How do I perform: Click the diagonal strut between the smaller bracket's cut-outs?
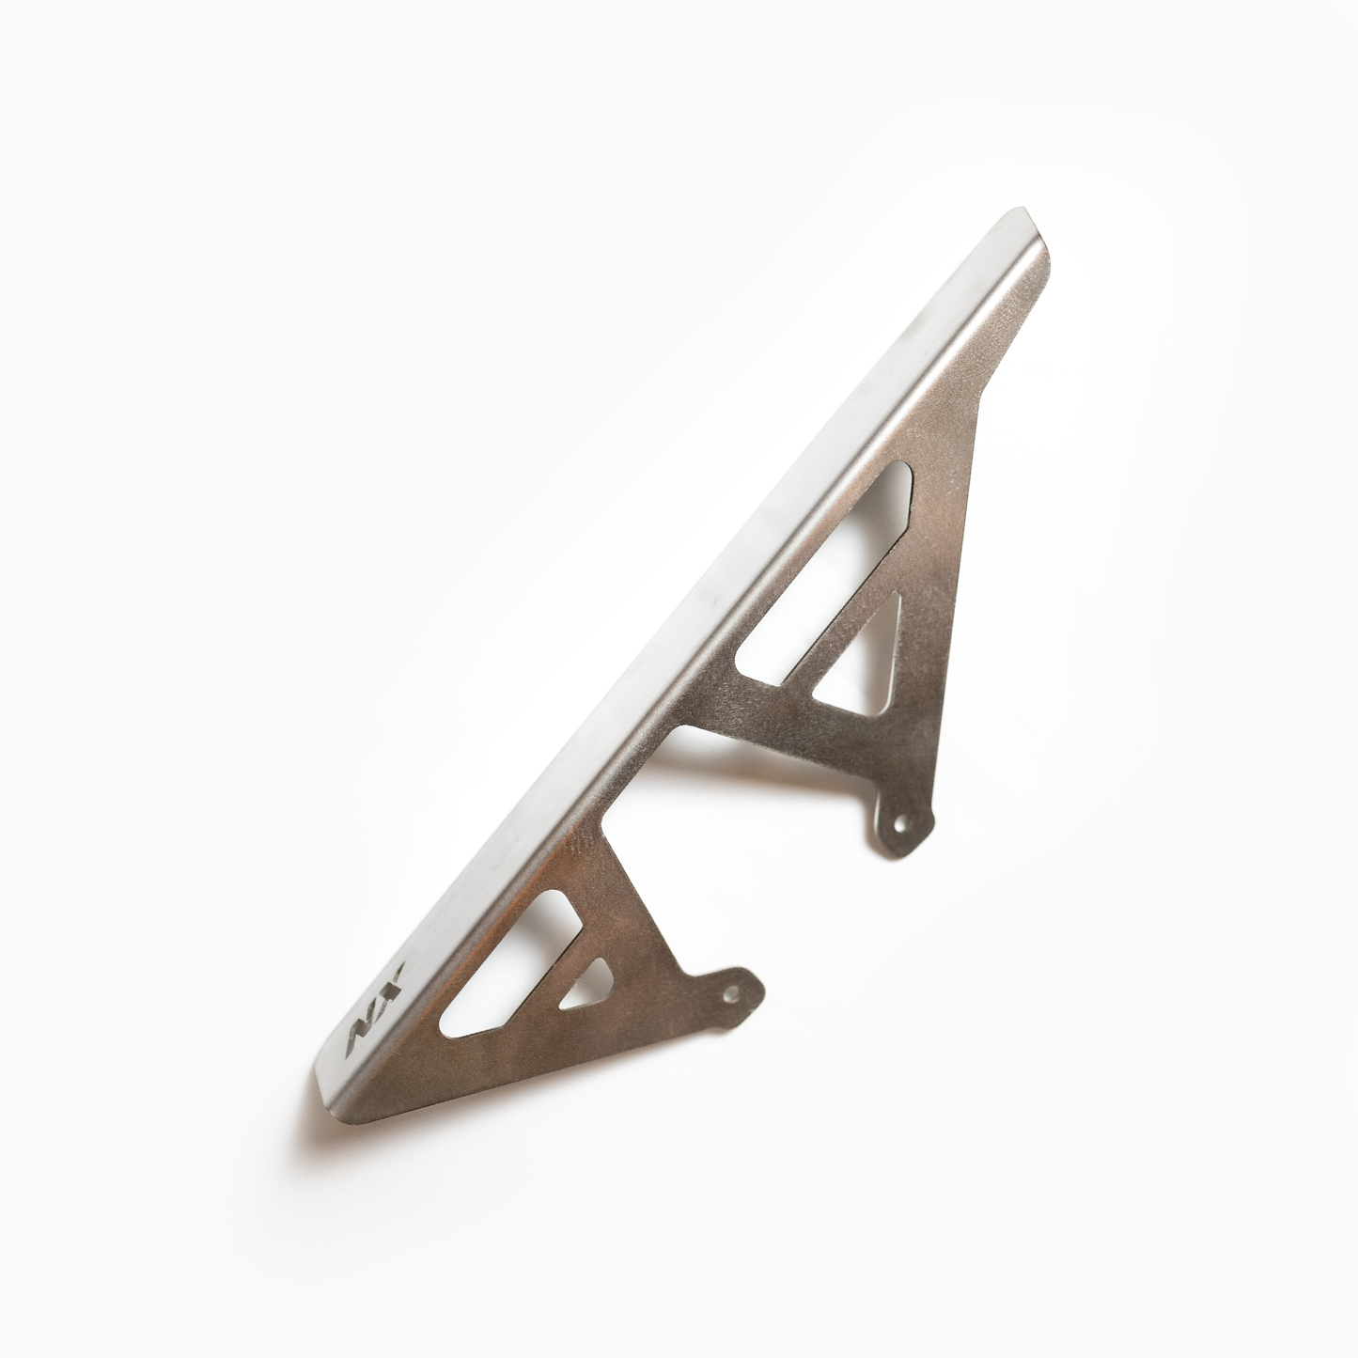554,977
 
